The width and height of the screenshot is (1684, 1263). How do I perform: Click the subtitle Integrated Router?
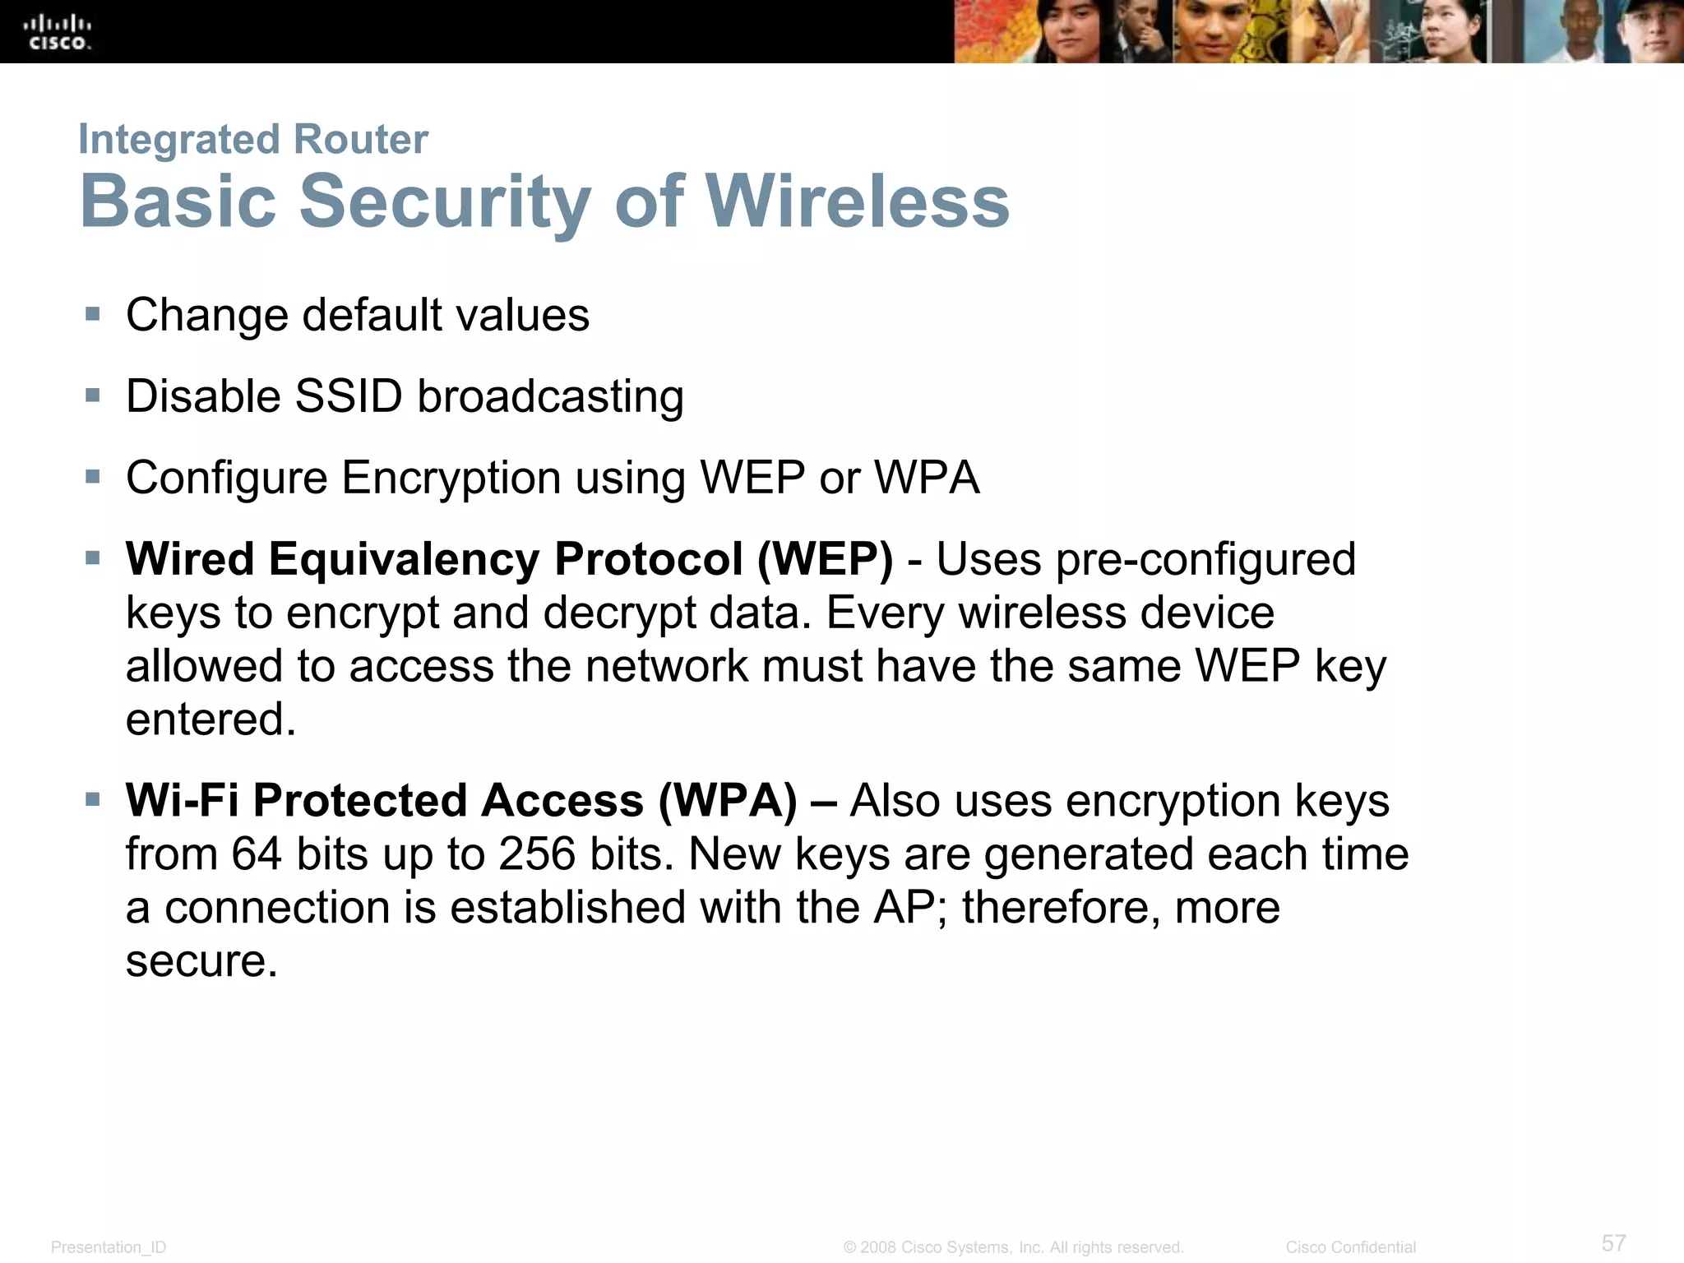click(x=253, y=139)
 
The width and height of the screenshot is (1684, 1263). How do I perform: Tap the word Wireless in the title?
click(x=857, y=201)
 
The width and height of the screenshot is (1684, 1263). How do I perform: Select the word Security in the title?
click(x=445, y=201)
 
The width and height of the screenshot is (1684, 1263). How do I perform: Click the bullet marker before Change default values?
click(x=93, y=314)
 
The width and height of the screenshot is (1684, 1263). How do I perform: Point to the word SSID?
click(x=348, y=396)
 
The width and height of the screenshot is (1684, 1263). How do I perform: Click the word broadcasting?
click(x=550, y=396)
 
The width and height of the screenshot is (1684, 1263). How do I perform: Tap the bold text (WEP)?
click(x=825, y=559)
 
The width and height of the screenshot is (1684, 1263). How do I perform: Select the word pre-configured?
click(x=1205, y=559)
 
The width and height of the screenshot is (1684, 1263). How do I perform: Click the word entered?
click(x=210, y=719)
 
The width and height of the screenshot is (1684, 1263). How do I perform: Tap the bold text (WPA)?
click(x=728, y=801)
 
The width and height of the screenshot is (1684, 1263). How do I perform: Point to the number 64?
click(x=257, y=854)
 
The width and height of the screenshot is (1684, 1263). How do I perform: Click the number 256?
click(x=536, y=854)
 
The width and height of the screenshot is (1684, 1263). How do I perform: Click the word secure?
click(x=201, y=961)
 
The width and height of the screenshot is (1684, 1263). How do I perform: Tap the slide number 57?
click(x=1613, y=1242)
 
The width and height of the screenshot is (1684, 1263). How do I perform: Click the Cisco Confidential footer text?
click(x=1350, y=1247)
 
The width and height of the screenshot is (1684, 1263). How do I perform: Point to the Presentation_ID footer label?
click(x=109, y=1247)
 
